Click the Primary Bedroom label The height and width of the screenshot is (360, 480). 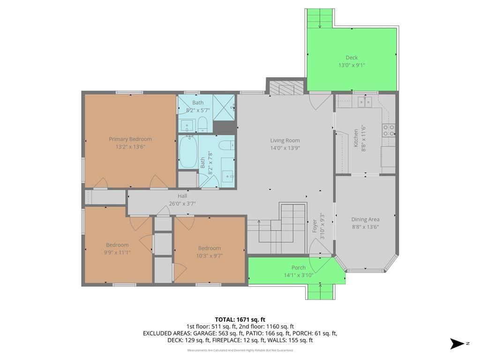(x=130, y=139)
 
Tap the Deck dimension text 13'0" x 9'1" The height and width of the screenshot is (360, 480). (x=352, y=65)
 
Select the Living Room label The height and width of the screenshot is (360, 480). (x=285, y=141)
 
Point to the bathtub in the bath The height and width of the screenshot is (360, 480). (x=188, y=152)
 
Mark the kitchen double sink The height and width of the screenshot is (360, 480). (x=365, y=101)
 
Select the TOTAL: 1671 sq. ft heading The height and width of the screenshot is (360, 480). (x=240, y=320)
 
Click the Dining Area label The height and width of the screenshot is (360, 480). (x=365, y=219)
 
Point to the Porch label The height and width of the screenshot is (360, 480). (x=299, y=268)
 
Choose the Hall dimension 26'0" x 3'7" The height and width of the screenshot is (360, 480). (x=182, y=203)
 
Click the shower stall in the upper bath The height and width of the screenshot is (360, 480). (x=224, y=107)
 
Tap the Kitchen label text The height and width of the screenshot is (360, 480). (x=356, y=138)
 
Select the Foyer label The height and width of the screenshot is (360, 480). (x=315, y=225)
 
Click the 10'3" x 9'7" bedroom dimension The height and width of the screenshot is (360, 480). (x=210, y=255)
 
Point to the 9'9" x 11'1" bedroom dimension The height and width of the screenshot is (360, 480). (x=117, y=252)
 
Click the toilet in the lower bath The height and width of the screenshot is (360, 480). (x=227, y=145)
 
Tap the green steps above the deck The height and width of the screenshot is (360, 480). (x=320, y=18)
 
